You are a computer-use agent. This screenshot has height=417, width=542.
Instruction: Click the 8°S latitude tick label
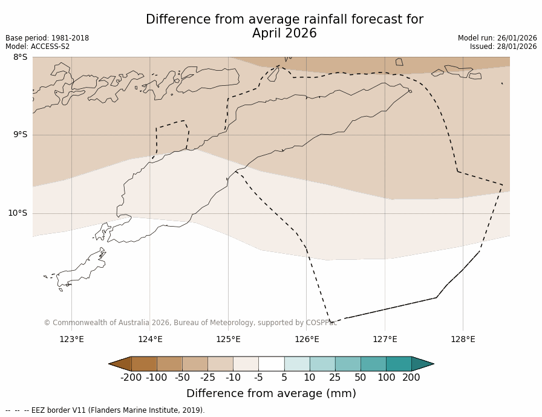[x=20, y=57]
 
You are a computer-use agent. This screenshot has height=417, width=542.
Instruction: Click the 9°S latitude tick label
[x=20, y=135]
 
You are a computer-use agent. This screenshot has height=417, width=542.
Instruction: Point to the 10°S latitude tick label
[x=18, y=213]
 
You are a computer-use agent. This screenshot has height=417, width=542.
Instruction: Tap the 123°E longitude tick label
[x=71, y=339]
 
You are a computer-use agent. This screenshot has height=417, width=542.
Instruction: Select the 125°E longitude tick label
[x=228, y=339]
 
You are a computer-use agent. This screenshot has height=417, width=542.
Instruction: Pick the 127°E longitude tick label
[x=385, y=339]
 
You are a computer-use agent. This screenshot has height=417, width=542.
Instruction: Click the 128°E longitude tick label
[x=463, y=339]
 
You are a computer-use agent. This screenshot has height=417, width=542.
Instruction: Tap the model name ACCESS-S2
[x=50, y=47]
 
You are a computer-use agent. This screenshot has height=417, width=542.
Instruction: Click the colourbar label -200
[x=131, y=378]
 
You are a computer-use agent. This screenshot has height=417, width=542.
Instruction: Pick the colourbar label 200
[x=411, y=378]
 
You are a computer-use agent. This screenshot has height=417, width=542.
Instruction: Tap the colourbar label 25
[x=335, y=378]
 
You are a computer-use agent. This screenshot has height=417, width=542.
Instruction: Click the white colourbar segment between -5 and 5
[x=271, y=364]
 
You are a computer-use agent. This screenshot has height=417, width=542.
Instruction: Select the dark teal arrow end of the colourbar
[x=422, y=364]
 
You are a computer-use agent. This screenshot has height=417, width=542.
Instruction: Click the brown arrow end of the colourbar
[x=120, y=364]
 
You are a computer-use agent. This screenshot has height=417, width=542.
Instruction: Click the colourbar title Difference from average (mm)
[x=271, y=393]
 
